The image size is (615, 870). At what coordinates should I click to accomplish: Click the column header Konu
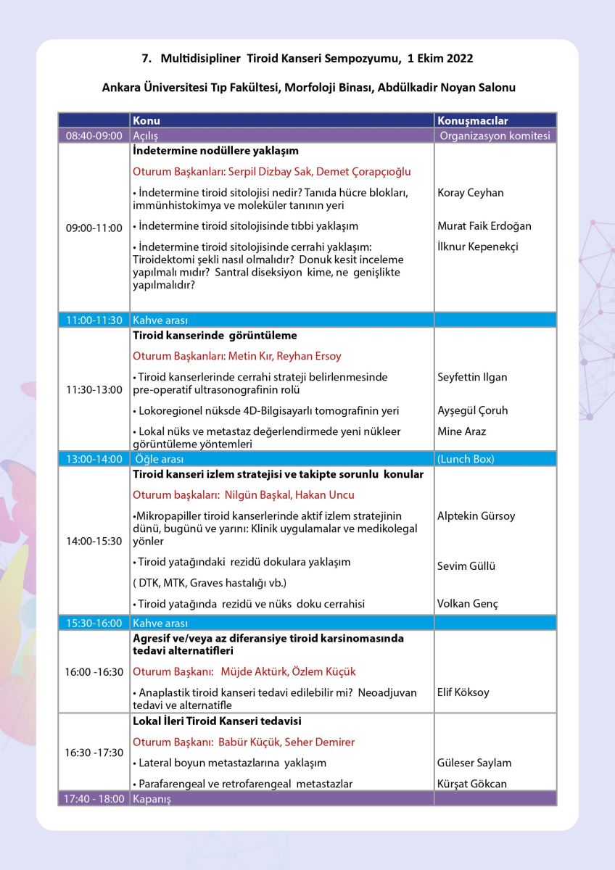(x=146, y=121)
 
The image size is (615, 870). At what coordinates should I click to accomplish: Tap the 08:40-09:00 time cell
(x=94, y=136)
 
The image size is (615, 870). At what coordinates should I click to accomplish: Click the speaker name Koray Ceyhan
(x=471, y=193)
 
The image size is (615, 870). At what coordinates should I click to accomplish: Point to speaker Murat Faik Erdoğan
(x=484, y=225)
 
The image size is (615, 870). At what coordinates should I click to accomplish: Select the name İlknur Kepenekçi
(x=478, y=246)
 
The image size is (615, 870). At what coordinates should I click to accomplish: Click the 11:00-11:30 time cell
(x=94, y=320)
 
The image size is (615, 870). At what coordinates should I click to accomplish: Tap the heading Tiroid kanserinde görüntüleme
(x=215, y=336)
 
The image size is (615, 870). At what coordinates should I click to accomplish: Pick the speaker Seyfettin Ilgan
(x=473, y=377)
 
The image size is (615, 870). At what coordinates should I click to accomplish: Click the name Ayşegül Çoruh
(x=473, y=410)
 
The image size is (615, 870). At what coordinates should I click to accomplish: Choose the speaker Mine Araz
(x=461, y=431)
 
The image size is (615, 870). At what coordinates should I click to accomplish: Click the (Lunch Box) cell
(x=466, y=459)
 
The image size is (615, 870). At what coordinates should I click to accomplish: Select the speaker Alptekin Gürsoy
(x=476, y=516)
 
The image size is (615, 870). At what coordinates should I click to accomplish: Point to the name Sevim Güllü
(x=466, y=566)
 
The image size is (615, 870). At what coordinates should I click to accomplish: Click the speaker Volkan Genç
(x=468, y=603)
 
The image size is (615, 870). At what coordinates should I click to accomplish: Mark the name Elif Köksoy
(x=463, y=692)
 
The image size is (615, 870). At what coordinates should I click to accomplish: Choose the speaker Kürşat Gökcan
(x=471, y=784)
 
